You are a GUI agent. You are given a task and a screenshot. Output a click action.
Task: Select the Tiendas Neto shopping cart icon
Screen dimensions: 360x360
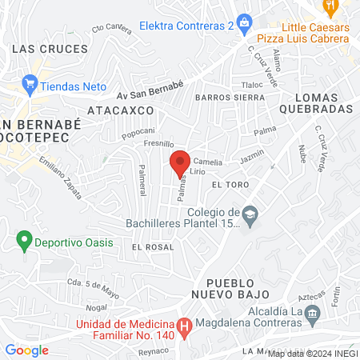(x=30, y=82)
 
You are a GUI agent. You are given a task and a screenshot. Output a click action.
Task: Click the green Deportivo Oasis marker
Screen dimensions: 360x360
(x=25, y=239)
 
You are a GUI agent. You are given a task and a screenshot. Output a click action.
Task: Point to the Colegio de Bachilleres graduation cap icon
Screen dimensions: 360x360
(x=251, y=214)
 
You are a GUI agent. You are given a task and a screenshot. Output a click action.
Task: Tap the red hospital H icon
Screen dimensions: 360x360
(x=185, y=326)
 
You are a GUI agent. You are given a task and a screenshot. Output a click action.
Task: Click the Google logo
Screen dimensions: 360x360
(x=26, y=350)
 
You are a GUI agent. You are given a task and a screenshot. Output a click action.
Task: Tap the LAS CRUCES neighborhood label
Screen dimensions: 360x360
(x=50, y=49)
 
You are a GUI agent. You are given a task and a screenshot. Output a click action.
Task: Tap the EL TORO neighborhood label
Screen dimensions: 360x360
(x=226, y=184)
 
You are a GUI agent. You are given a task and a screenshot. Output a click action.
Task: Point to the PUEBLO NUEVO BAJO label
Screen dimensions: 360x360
(x=232, y=289)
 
